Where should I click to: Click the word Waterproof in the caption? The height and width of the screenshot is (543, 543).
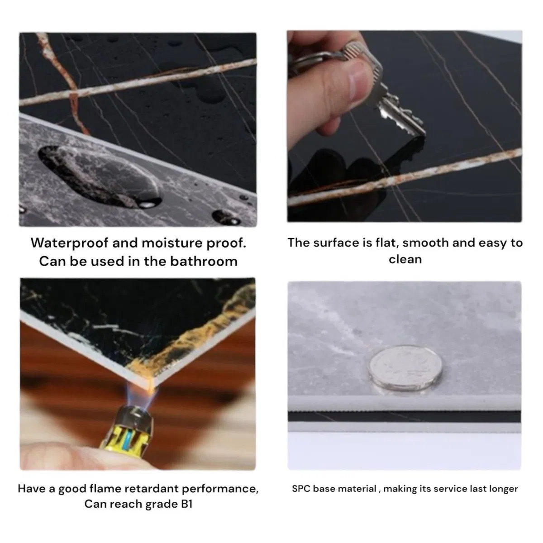point(69,243)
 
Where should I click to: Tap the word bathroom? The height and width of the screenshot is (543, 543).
point(204,261)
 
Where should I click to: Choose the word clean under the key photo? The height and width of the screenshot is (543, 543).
point(405,260)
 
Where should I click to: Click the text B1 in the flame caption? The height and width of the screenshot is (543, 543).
point(186,504)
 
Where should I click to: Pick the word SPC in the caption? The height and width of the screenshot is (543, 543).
point(301,489)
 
